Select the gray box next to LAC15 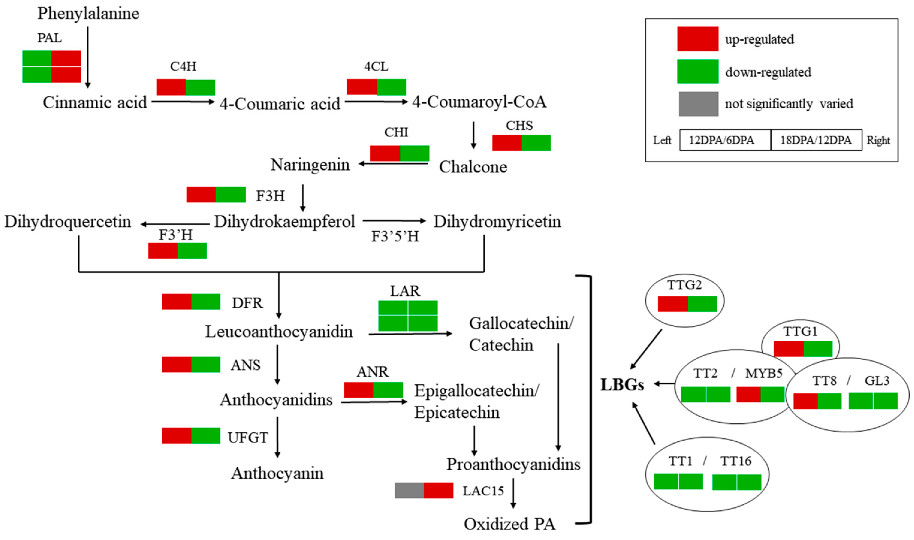coord(409,491)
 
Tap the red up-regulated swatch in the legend coord(697,39)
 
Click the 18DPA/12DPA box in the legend coord(816,140)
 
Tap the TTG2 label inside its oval coord(684,285)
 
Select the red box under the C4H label coord(171,87)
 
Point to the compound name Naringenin coord(310,165)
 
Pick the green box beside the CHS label coord(536,143)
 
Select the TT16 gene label coord(736,461)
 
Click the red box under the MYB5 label coord(748,395)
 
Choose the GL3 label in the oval coord(877,381)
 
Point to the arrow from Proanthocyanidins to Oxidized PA coord(513,493)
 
